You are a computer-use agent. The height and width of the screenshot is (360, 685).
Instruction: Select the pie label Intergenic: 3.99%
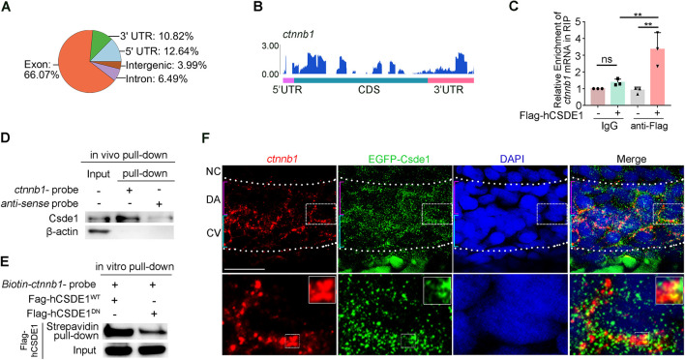click(166, 66)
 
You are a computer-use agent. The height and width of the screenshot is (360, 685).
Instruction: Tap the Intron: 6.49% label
click(157, 79)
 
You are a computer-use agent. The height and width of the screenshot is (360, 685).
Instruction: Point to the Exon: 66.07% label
click(42, 70)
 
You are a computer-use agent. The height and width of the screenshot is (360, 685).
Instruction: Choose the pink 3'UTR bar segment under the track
click(451, 80)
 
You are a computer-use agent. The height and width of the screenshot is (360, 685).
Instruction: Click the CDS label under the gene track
click(369, 90)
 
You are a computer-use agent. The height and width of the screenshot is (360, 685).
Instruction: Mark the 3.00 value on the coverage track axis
click(270, 45)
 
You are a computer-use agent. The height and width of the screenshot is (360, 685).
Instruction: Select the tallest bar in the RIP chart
click(658, 76)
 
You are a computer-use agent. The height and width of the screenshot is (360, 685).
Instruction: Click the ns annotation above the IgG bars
click(607, 59)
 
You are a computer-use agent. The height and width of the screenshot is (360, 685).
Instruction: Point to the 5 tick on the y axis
click(578, 21)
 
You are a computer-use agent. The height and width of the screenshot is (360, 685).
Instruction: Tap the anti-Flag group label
click(649, 127)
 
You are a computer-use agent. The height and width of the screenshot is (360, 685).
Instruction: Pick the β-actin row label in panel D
click(62, 231)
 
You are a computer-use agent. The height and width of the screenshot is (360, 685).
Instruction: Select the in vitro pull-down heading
click(134, 266)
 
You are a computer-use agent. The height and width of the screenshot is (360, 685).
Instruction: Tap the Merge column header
click(631, 159)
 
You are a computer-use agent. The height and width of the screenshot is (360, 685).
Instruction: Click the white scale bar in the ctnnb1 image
click(245, 269)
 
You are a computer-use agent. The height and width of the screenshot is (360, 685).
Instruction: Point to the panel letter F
click(206, 138)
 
